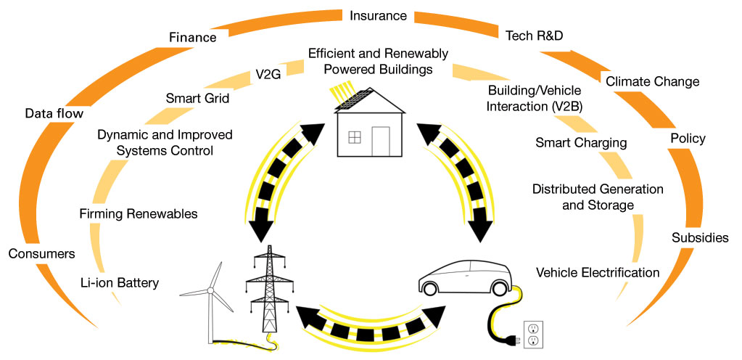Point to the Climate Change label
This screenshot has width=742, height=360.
coord(652,81)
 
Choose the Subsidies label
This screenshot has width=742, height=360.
coord(700,237)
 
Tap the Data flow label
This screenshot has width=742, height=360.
coord(54,113)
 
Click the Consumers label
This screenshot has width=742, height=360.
coord(42,253)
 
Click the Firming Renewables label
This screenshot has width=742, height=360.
coord(139,213)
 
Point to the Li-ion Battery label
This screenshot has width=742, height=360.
coord(120,282)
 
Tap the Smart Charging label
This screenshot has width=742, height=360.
coord(581,142)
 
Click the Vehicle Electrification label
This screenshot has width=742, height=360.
coord(598,273)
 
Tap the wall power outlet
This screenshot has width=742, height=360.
coord(532,332)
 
